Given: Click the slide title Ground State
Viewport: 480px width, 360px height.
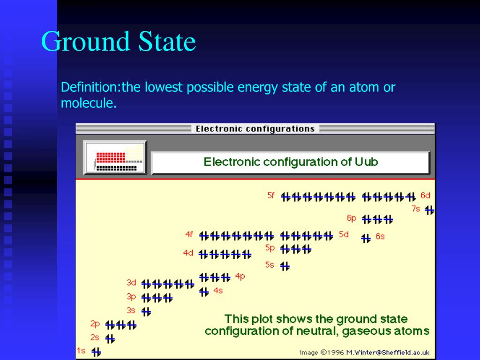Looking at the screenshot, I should (118, 42).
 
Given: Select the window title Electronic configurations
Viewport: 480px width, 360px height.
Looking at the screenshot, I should (255, 128).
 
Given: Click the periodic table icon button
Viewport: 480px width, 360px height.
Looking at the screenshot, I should (115, 157).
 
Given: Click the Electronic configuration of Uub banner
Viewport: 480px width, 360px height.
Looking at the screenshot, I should (290, 162).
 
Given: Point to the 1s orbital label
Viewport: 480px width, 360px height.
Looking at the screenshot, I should (81, 351).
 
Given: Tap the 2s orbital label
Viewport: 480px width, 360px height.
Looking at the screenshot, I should (95, 337).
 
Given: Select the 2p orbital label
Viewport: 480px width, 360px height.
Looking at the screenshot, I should (95, 323).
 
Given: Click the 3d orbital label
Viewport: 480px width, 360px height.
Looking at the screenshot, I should (131, 283).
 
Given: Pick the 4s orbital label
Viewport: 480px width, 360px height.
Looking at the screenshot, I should (218, 291).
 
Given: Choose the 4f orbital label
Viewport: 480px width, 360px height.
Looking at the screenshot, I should (189, 234).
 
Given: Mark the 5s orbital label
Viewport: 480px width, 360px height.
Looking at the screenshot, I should (270, 264).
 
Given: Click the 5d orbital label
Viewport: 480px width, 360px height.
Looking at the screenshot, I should (344, 234).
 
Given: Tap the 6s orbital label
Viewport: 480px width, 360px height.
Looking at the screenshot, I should (380, 237).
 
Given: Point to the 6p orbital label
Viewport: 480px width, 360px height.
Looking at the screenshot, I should (352, 218).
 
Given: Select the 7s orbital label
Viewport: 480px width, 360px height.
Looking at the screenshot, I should (416, 209).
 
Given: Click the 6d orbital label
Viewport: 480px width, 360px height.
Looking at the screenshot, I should (425, 195).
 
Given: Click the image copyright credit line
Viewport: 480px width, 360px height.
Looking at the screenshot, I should (364, 352).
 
